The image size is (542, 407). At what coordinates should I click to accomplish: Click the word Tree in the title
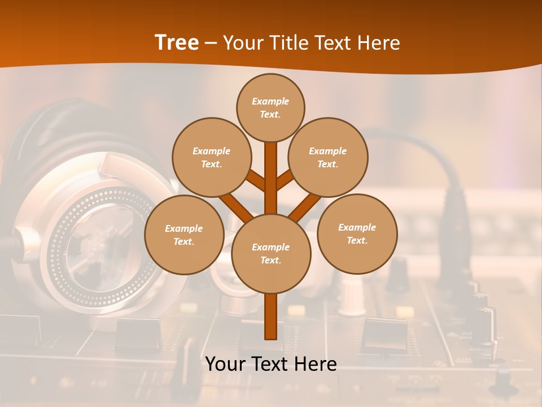point(177,43)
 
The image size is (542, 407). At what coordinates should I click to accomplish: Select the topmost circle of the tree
point(270,107)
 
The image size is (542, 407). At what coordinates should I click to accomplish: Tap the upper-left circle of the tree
point(211,157)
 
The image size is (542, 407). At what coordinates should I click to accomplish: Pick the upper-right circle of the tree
point(328,157)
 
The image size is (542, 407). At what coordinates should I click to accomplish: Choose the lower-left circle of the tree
point(184,235)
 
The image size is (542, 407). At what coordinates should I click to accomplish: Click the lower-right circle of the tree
point(357,233)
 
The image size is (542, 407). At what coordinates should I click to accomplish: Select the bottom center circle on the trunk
point(271,253)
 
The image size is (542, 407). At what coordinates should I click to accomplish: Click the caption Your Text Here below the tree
point(271,364)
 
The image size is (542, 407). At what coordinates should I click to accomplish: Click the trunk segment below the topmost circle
point(271,170)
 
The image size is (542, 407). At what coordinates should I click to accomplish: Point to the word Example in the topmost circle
point(270,102)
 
